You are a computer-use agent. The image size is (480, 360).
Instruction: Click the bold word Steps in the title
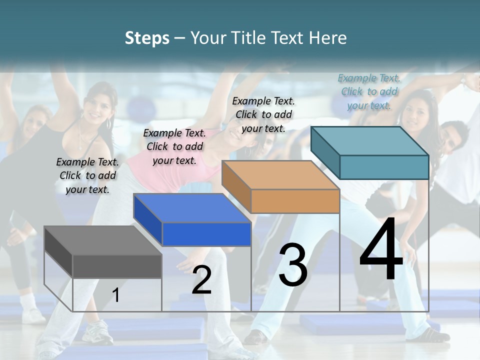(x=147, y=38)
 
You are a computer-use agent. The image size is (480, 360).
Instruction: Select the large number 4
(x=381, y=250)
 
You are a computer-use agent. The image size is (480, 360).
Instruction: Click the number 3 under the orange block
(x=293, y=265)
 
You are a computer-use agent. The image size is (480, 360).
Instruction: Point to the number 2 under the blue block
(x=201, y=280)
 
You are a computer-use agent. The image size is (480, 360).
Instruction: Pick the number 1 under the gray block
(x=115, y=295)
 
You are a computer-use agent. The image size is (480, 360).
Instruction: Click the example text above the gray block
(x=87, y=175)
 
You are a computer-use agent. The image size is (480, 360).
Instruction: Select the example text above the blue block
(x=174, y=146)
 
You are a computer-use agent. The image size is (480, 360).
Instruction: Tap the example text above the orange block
(x=263, y=114)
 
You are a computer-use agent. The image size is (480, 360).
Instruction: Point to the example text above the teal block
(x=369, y=91)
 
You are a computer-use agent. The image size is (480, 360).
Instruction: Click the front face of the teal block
(x=384, y=167)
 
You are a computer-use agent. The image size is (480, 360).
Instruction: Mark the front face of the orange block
(x=295, y=201)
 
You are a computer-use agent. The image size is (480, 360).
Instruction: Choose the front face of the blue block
(x=206, y=234)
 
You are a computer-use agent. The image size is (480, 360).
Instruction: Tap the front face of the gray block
(x=117, y=266)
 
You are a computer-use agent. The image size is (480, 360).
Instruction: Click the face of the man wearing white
(x=452, y=136)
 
